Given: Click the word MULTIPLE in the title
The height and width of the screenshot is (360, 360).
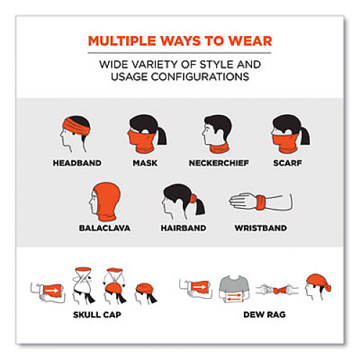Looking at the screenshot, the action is [122, 41].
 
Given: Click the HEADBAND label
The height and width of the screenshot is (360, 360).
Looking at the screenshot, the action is [77, 163].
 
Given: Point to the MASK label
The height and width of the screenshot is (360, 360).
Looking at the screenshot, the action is [145, 163].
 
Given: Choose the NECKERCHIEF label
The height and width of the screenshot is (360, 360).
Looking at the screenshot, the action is [219, 163].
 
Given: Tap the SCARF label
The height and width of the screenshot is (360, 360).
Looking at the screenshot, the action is [287, 163].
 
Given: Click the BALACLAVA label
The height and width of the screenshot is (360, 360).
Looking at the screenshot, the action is [104, 228].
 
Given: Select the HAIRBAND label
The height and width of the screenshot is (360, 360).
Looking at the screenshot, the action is [184, 228].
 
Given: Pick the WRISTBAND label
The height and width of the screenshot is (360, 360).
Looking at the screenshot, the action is [261, 228].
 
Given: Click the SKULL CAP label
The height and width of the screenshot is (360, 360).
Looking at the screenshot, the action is [97, 315].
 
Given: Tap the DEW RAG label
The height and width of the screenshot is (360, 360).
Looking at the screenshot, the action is [264, 315].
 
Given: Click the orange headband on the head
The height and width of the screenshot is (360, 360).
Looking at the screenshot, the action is [76, 126].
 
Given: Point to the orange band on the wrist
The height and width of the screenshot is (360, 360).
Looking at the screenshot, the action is [261, 202].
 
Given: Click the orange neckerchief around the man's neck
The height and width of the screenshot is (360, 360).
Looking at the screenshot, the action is [219, 148].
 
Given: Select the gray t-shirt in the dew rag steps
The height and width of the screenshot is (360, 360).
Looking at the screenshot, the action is [234, 287].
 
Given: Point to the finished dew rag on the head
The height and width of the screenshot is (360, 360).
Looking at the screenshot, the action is [319, 283].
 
